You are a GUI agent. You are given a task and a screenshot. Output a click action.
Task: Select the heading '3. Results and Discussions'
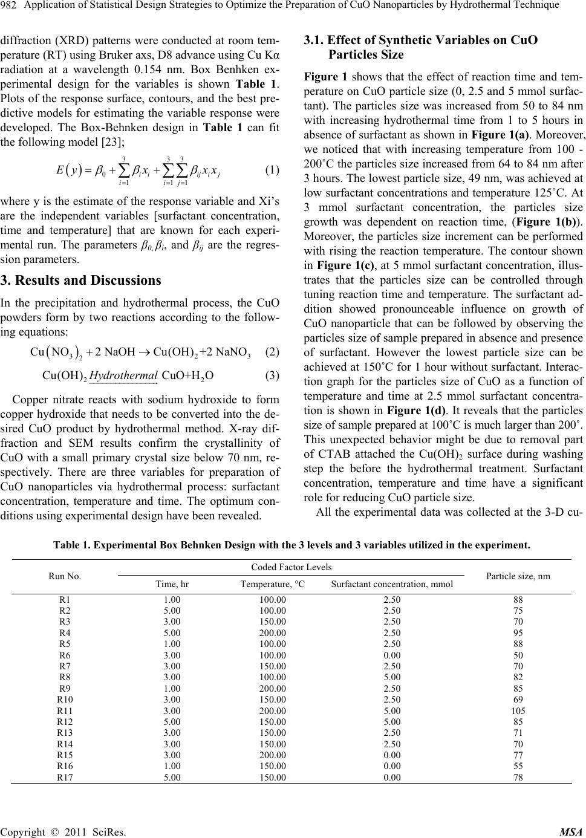point(81,280)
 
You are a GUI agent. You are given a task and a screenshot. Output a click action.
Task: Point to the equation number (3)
point(272,375)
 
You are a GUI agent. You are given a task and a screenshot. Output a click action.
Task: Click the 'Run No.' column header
point(66,576)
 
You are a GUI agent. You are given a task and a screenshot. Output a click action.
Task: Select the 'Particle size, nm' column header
point(518,576)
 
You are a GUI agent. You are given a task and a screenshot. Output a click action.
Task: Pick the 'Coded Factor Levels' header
point(291,567)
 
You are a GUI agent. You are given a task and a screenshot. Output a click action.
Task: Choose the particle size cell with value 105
point(518,710)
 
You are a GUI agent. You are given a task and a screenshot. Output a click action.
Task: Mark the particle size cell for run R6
point(518,655)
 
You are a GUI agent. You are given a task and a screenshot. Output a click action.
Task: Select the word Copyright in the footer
point(23,831)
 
